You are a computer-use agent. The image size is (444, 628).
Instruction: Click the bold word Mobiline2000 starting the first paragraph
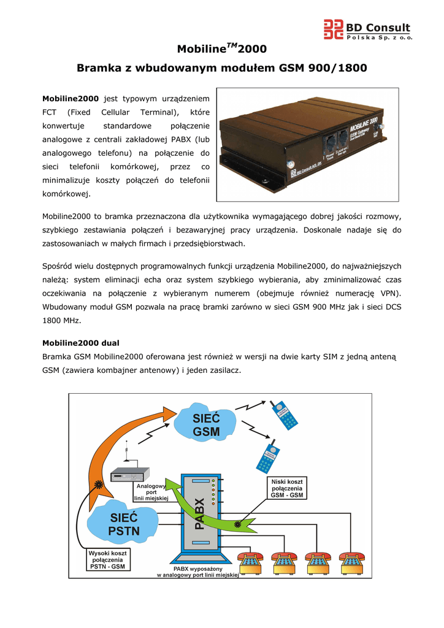[x=70, y=99]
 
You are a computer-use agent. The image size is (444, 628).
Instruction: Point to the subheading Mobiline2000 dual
[x=80, y=343]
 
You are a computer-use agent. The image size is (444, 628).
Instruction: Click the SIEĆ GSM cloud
[x=206, y=424]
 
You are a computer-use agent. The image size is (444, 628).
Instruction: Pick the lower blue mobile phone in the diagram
[x=269, y=456]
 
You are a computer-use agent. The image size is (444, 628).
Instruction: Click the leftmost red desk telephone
[x=250, y=561]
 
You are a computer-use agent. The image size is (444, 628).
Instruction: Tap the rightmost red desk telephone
[x=353, y=561]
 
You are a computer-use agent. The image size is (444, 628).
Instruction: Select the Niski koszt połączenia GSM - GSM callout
[x=286, y=488]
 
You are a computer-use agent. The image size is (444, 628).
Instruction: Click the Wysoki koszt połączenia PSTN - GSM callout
[x=107, y=559]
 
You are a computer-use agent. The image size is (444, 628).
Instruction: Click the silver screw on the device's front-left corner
[x=289, y=164]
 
